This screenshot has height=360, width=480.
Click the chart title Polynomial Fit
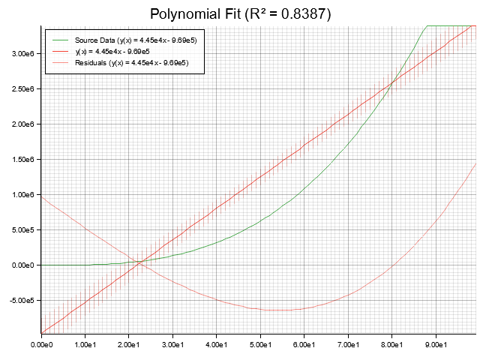click(x=198, y=14)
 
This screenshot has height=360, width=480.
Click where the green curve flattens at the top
click(x=427, y=25)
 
